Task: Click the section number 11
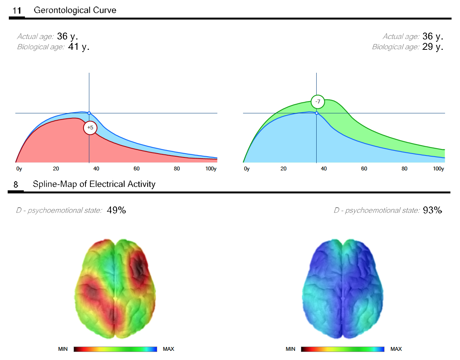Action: pyautogui.click(x=17, y=11)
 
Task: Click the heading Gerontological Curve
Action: pyautogui.click(x=75, y=10)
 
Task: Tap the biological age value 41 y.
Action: pyautogui.click(x=79, y=47)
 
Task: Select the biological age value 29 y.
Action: pyautogui.click(x=433, y=47)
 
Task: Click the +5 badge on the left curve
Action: pyautogui.click(x=90, y=128)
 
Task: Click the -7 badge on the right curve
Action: pyautogui.click(x=317, y=102)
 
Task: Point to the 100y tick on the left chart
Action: pyautogui.click(x=211, y=169)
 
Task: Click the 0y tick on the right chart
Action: pyautogui.click(x=246, y=169)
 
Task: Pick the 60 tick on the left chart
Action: pyautogui.click(x=136, y=169)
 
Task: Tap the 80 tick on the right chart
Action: pyautogui.click(x=404, y=169)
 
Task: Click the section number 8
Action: pyautogui.click(x=16, y=185)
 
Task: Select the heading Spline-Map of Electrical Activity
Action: pyautogui.click(x=94, y=184)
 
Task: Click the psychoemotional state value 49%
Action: pyautogui.click(x=116, y=210)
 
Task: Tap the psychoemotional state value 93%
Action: pyautogui.click(x=432, y=210)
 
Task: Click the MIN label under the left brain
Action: pyautogui.click(x=63, y=349)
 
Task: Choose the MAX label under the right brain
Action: pyautogui.click(x=396, y=349)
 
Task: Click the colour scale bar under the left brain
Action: pyautogui.click(x=115, y=349)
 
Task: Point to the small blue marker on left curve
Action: pyautogui.click(x=89, y=113)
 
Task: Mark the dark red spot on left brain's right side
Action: pyautogui.click(x=139, y=268)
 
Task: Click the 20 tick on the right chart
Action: pyautogui.click(x=283, y=169)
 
